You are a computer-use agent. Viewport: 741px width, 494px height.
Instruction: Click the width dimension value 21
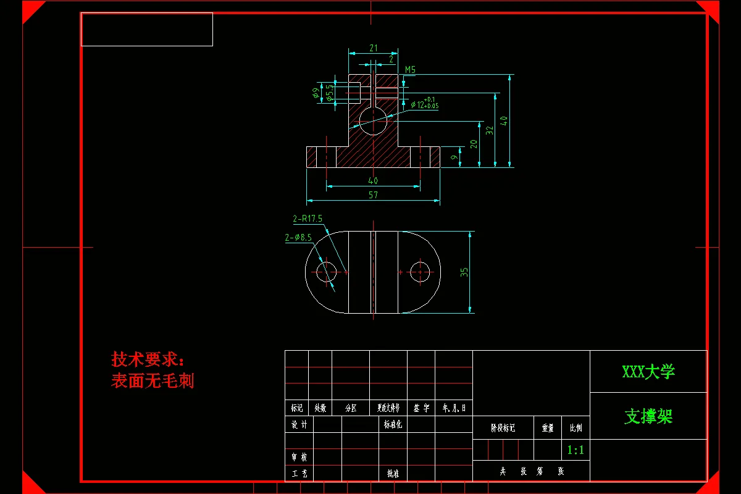[x=374, y=48]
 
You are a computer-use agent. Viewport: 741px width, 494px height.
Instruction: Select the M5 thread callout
[x=410, y=70]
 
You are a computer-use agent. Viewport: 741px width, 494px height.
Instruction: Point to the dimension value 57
[x=373, y=195]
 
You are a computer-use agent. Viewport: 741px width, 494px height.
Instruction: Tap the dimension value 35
[x=464, y=272]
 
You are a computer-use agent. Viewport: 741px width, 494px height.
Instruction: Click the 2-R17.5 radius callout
[x=308, y=219]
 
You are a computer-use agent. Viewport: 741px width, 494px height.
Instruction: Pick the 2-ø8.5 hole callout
[x=298, y=237]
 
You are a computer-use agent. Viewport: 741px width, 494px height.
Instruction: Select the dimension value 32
[x=490, y=130]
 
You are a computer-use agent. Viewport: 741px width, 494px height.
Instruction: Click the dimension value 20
[x=474, y=144]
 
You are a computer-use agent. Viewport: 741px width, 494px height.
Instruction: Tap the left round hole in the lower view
[x=326, y=272]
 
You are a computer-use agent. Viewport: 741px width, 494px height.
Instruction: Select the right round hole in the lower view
[x=421, y=272]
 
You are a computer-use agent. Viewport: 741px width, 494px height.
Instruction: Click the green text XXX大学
[x=648, y=372]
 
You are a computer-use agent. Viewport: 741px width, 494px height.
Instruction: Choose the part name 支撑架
[x=648, y=417]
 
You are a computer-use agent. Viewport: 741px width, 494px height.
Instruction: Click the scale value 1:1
[x=576, y=450]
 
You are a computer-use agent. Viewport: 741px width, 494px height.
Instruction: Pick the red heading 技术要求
[x=148, y=359]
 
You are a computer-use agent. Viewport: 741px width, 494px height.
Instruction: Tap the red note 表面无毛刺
[x=153, y=380]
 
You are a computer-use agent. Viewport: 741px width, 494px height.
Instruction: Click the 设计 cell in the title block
[x=299, y=425]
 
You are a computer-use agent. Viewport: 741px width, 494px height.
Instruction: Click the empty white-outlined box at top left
[x=147, y=29]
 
